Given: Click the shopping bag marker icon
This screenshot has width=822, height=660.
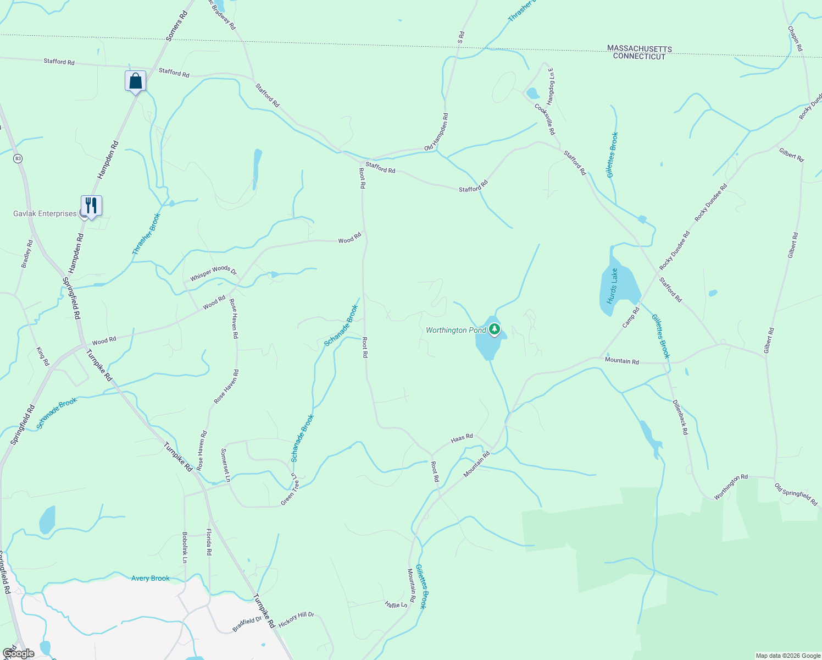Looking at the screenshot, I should (x=135, y=81).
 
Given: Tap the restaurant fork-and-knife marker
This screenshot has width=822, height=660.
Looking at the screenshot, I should (x=91, y=206).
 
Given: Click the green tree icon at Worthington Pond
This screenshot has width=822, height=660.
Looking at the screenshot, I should (x=495, y=329).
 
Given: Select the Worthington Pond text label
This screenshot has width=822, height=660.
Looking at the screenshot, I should (x=456, y=330).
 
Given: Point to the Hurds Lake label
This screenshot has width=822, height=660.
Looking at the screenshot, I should (x=612, y=286).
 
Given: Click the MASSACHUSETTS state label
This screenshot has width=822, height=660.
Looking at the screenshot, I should (x=639, y=49).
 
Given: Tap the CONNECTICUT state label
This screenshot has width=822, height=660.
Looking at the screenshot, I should (x=639, y=57).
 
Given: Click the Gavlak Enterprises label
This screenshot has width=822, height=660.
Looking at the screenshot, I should (x=45, y=213).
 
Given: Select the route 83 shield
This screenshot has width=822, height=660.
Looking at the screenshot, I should (x=18, y=158).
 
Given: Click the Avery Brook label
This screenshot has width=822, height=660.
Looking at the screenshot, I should (x=151, y=578).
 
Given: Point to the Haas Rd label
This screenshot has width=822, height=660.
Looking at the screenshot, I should (x=462, y=438).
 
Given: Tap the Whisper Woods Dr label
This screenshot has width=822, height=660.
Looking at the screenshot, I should (x=213, y=273).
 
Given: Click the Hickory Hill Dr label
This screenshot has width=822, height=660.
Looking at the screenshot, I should (x=296, y=619).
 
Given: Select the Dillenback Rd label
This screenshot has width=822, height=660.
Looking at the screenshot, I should (x=680, y=417).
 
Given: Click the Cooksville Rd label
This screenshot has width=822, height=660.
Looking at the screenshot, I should (x=545, y=119).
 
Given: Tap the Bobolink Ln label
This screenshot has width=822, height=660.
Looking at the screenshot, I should (x=185, y=547).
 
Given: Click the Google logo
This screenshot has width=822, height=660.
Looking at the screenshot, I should (x=18, y=653).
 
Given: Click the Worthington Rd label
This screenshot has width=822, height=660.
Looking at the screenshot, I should (x=731, y=487).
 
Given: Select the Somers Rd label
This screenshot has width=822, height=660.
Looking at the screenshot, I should (x=176, y=26).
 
